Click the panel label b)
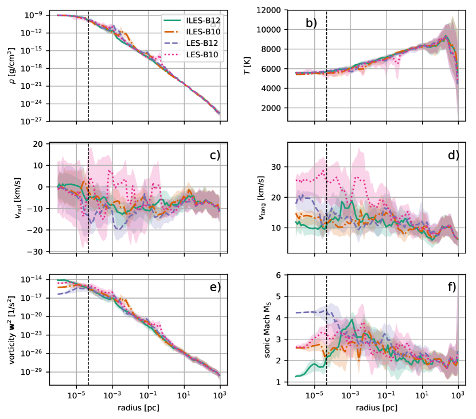point(311,24)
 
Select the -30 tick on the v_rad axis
point(36,252)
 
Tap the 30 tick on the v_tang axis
point(277,167)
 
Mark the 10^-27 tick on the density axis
point(32,122)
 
